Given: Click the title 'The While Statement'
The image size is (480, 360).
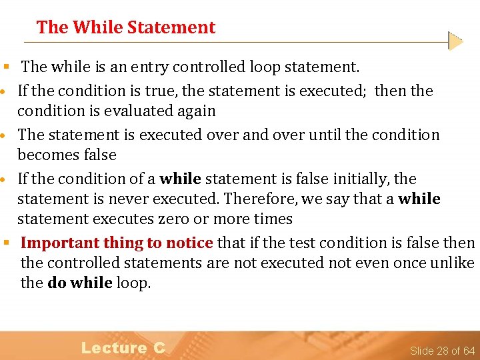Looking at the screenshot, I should [126, 27].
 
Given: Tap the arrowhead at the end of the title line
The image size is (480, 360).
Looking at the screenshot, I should [455, 41].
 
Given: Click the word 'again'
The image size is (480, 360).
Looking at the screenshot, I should [197, 111].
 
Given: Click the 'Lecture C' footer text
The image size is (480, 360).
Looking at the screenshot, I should [123, 347].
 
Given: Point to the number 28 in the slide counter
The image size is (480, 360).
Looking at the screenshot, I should [444, 351].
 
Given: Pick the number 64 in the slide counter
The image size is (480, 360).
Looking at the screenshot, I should [469, 351].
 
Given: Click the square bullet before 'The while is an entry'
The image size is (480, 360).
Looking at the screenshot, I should [5, 67].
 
